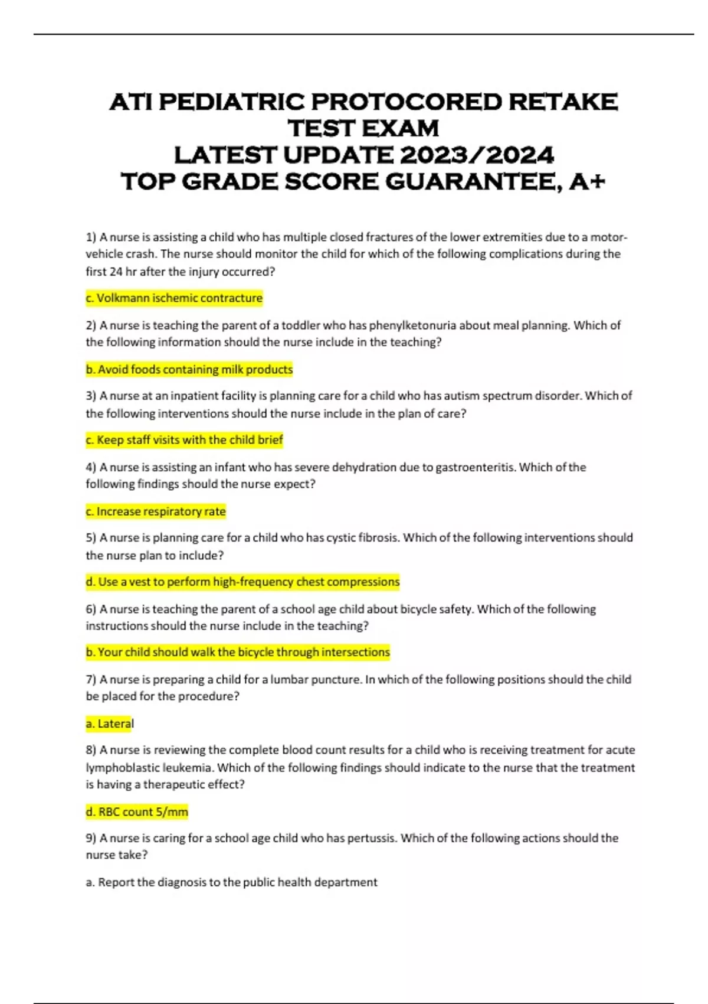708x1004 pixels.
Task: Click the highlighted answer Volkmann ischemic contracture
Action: (x=174, y=298)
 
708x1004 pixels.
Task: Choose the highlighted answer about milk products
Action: (x=189, y=370)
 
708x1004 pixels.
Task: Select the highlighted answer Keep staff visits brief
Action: (x=184, y=440)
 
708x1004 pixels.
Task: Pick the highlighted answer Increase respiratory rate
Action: (x=156, y=511)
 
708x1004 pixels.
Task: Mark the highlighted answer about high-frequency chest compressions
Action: (x=242, y=582)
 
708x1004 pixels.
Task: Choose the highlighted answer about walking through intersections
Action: (x=238, y=653)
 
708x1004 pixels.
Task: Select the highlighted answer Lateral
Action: (x=110, y=724)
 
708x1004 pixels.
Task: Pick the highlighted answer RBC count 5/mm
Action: (x=137, y=812)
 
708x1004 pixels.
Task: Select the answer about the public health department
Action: (x=231, y=882)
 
